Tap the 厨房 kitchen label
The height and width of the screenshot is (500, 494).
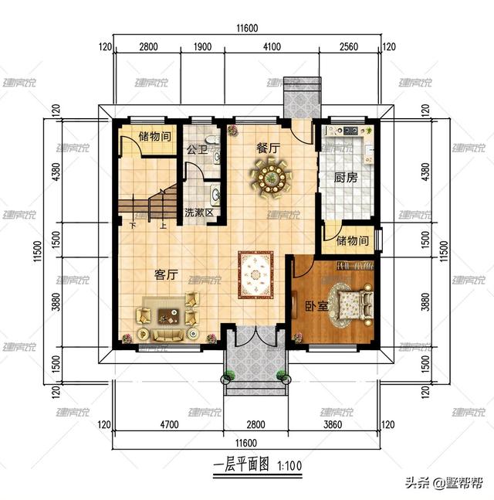click(346, 176)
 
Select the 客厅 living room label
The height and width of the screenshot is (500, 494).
click(167, 274)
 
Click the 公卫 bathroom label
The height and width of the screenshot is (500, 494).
click(195, 149)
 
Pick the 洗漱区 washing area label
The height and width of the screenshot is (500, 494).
click(198, 213)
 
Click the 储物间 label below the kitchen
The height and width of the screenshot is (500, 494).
click(353, 241)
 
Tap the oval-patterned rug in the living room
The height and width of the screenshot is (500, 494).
click(255, 274)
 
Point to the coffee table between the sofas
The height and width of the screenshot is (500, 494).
click(169, 315)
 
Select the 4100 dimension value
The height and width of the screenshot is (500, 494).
click(271, 46)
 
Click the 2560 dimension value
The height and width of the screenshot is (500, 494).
click(350, 46)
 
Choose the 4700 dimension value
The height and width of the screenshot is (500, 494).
click(169, 424)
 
